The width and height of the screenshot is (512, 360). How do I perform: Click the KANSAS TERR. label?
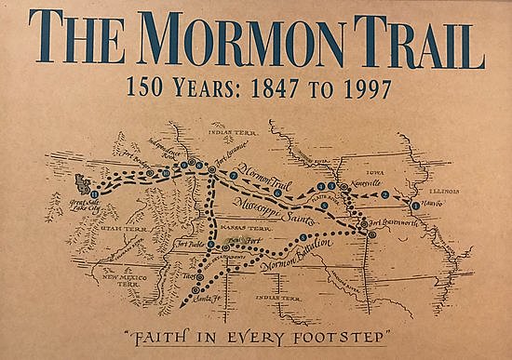tap(265, 224)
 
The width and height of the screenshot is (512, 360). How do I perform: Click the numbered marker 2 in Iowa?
tap(385, 195)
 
